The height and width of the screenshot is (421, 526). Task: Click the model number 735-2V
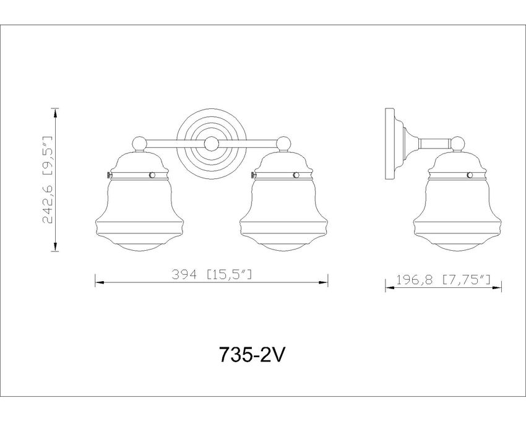click(x=252, y=354)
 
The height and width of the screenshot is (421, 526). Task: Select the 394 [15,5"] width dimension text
click(x=212, y=275)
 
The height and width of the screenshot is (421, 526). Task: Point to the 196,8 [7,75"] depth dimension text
click(x=444, y=279)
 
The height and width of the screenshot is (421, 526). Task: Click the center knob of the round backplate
click(x=212, y=144)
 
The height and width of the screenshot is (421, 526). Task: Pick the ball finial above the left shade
click(x=140, y=144)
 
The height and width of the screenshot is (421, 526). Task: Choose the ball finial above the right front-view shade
click(x=284, y=144)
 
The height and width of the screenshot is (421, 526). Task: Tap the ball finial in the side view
click(x=457, y=144)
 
